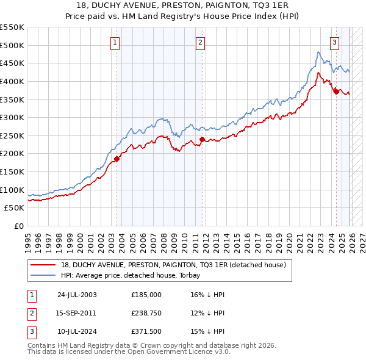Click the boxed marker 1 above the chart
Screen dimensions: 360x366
116,42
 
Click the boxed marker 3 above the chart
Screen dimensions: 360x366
335,42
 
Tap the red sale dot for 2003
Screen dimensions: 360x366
117,159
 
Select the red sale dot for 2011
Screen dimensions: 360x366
202,140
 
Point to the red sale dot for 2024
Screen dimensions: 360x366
335,92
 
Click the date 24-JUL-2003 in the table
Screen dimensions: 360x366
77,294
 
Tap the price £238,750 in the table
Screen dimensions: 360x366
146,313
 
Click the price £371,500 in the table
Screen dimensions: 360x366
146,332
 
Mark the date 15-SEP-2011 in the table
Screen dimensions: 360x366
77,313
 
